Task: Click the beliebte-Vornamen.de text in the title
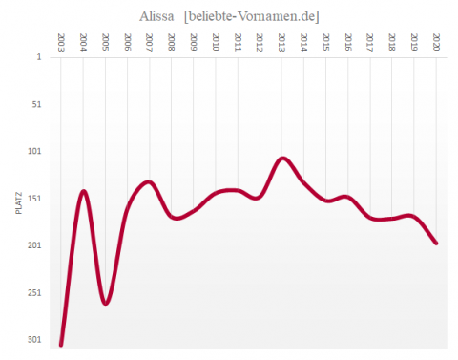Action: coord(252,15)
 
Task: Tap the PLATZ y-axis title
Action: coord(19,202)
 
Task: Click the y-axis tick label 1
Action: coord(39,56)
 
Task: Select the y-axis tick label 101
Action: coord(34,151)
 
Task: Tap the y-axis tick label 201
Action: coord(34,245)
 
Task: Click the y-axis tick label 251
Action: coord(34,292)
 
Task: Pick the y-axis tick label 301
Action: coord(34,339)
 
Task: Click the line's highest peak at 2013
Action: coord(282,158)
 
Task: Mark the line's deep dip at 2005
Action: coord(105,303)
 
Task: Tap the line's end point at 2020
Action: coord(436,243)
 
